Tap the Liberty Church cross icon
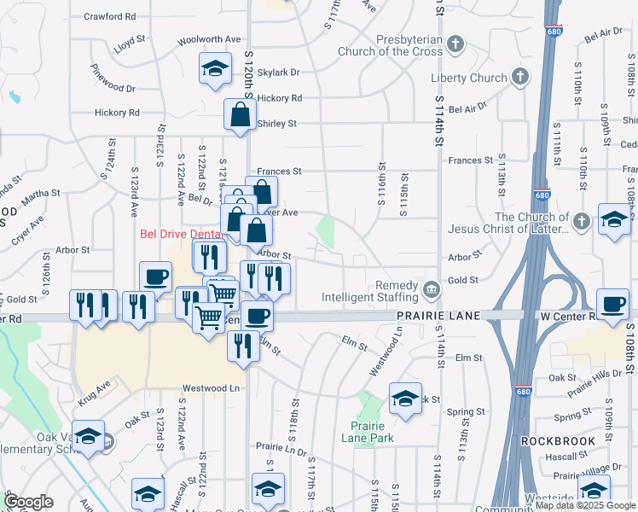click(x=519, y=79)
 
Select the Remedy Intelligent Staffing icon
click(x=432, y=291)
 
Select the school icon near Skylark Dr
click(x=215, y=68)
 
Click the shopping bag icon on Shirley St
click(x=241, y=115)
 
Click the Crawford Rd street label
click(x=111, y=16)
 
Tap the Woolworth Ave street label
click(x=209, y=40)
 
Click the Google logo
click(x=27, y=503)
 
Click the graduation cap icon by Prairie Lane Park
click(x=405, y=399)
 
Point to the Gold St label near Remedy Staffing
click(x=462, y=280)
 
